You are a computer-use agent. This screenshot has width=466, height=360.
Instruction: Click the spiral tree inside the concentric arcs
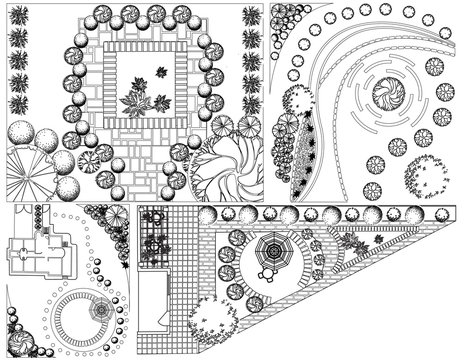pyautogui.click(x=387, y=97)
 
